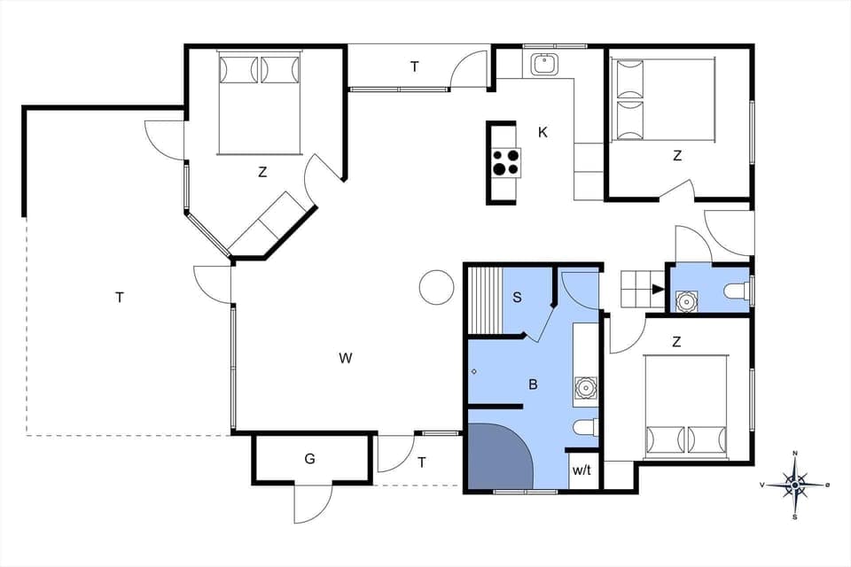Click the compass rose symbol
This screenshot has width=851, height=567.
click(x=796, y=484)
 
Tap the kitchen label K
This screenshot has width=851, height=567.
click(x=543, y=133)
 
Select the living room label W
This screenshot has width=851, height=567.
click(x=346, y=358)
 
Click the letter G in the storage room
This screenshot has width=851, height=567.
click(x=309, y=459)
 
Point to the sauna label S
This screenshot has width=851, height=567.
click(x=517, y=298)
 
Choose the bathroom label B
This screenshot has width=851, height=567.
click(x=533, y=384)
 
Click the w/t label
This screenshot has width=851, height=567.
click(x=582, y=470)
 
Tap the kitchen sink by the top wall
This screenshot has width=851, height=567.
click(x=543, y=65)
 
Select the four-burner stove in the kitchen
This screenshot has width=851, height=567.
click(x=506, y=162)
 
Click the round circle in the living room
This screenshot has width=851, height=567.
click(x=436, y=287)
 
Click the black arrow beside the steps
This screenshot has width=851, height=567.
click(x=657, y=288)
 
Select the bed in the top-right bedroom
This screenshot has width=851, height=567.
click(x=664, y=99)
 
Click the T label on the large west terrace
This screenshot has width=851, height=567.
click(x=119, y=298)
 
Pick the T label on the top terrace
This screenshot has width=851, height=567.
click(x=414, y=66)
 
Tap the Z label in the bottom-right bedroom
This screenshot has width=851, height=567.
click(x=676, y=341)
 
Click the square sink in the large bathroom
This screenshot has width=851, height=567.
click(x=584, y=387)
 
